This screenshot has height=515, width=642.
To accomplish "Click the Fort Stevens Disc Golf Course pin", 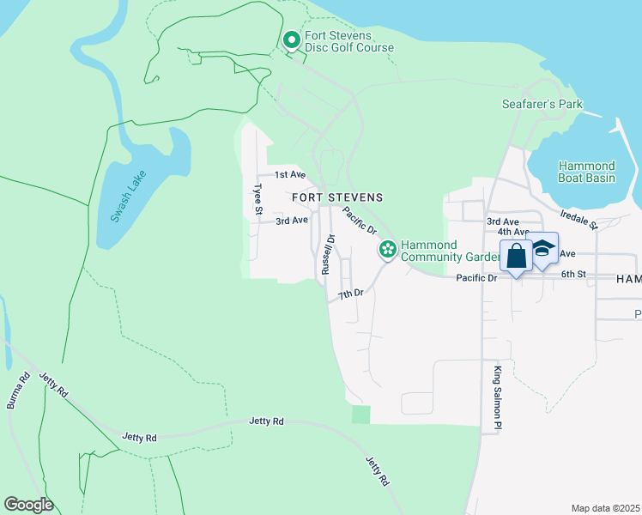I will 292,40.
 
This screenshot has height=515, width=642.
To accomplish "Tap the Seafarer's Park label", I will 542,105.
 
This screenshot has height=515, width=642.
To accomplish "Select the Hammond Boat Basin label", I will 586,172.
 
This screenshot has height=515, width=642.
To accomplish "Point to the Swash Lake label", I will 129,197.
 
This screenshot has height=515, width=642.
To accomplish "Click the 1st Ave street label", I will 290,174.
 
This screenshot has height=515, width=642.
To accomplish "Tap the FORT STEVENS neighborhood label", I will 336,197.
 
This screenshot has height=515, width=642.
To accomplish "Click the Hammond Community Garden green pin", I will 388,249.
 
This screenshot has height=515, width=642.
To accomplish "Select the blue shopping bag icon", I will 516,256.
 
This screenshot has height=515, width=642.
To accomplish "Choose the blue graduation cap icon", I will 542,249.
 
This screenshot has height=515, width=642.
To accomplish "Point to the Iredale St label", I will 577,219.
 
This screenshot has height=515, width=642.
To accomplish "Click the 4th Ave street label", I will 513,232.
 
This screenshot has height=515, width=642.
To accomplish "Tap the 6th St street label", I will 572,275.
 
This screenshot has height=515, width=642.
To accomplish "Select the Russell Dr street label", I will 327,255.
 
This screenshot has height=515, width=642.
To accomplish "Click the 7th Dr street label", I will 350,294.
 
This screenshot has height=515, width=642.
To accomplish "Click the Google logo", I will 28,504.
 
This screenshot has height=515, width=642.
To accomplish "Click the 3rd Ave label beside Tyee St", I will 291,221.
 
